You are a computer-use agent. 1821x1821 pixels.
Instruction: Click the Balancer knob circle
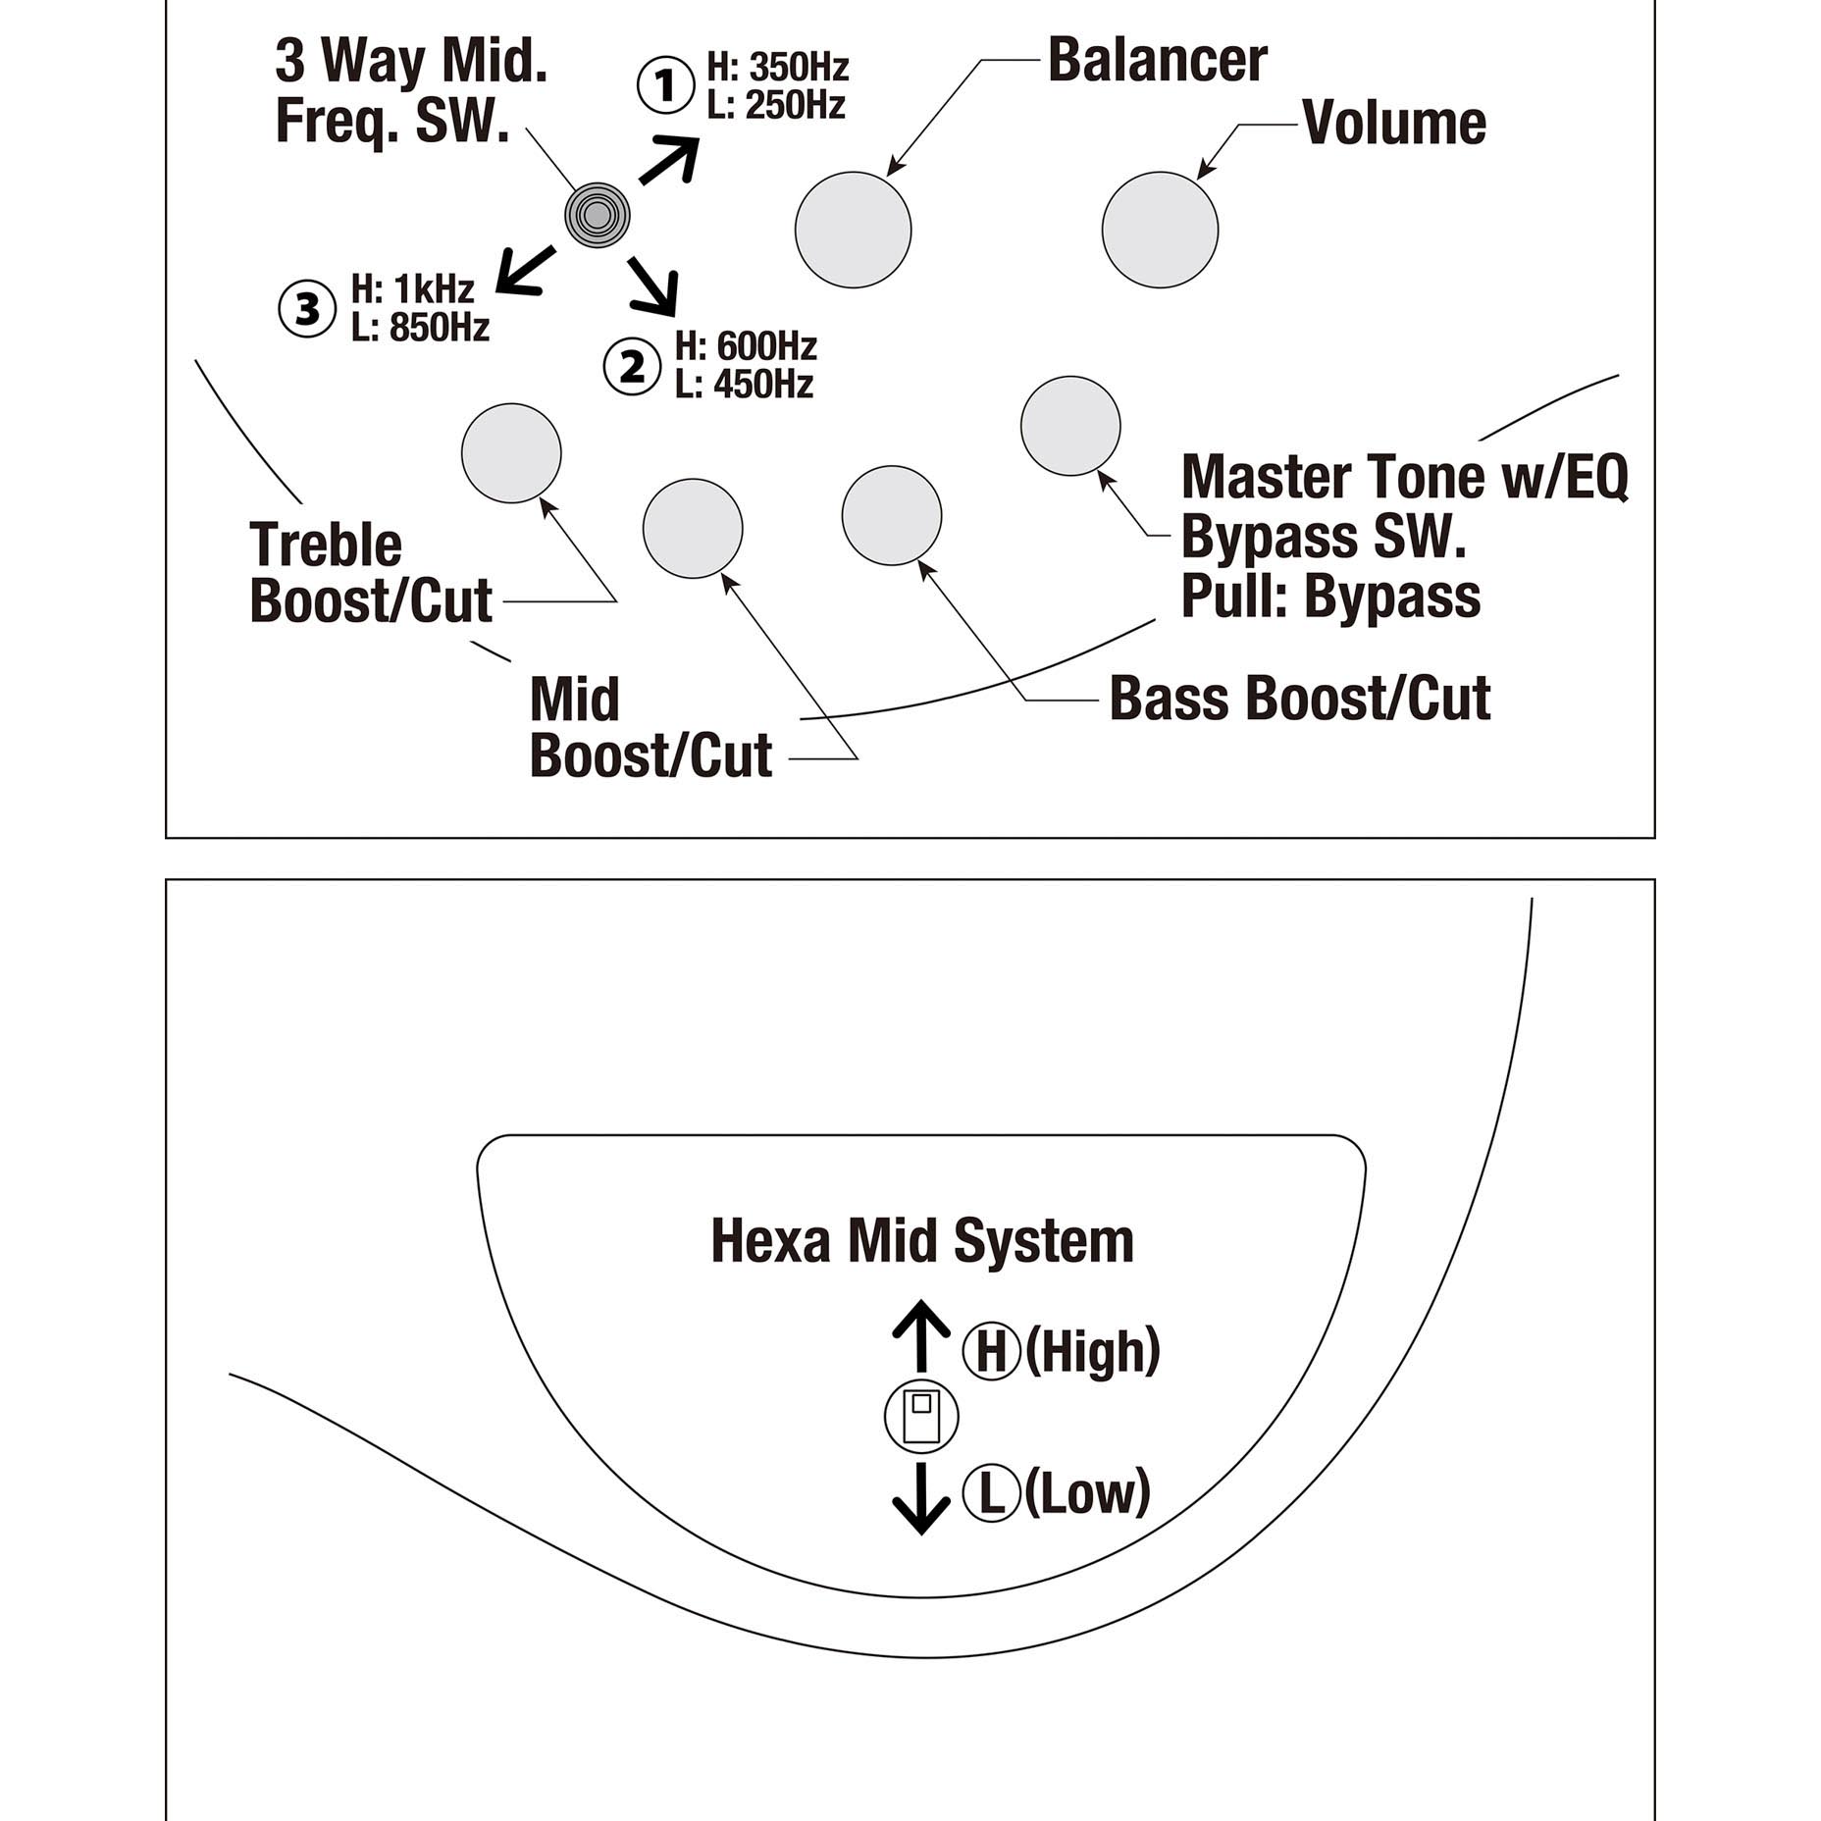pyautogui.click(x=853, y=230)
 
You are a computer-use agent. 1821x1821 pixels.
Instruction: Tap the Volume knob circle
pyautogui.click(x=1160, y=230)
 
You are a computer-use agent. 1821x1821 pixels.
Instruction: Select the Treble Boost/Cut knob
pyautogui.click(x=511, y=453)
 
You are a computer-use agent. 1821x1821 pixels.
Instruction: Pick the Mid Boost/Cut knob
pyautogui.click(x=693, y=529)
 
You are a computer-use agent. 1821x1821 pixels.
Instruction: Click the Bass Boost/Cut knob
pyautogui.click(x=892, y=515)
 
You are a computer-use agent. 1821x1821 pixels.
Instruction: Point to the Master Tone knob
pyautogui.click(x=1070, y=426)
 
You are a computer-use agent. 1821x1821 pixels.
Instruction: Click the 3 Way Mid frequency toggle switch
pyautogui.click(x=598, y=215)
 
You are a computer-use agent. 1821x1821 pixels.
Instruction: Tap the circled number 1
pyautogui.click(x=666, y=86)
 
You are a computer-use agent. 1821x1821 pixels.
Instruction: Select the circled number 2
pyautogui.click(x=632, y=368)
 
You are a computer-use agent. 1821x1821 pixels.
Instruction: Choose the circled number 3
pyautogui.click(x=307, y=309)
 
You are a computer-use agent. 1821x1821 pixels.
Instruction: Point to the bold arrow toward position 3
pyautogui.click(x=526, y=271)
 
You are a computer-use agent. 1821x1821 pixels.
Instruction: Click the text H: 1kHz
pyautogui.click(x=413, y=289)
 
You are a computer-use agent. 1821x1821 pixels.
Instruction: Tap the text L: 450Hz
pyautogui.click(x=745, y=384)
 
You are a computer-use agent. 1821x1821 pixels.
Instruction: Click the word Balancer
pyautogui.click(x=1158, y=60)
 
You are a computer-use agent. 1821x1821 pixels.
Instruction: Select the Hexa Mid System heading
pyautogui.click(x=922, y=1240)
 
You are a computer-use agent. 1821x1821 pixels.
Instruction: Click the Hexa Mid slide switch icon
pyautogui.click(x=921, y=1416)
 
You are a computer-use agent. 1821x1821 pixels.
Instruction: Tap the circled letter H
pyautogui.click(x=992, y=1351)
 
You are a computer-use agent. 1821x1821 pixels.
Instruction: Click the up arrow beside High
pyautogui.click(x=921, y=1335)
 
